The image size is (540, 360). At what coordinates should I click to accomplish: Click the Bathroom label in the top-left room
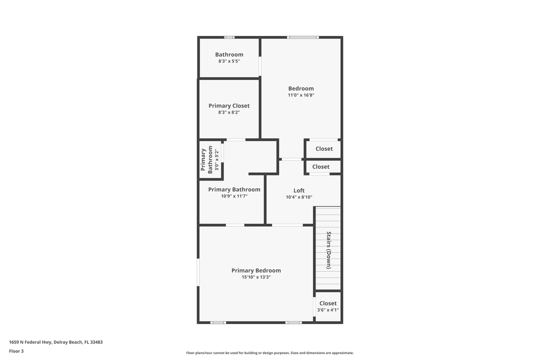click(x=229, y=54)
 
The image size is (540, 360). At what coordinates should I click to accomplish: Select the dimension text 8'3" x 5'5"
click(x=229, y=61)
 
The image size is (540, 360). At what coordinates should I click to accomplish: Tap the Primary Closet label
click(x=229, y=105)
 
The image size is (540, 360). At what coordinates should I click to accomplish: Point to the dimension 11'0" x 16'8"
click(x=301, y=95)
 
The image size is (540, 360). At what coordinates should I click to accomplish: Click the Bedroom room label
click(x=301, y=88)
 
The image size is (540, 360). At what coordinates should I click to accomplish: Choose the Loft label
click(x=299, y=190)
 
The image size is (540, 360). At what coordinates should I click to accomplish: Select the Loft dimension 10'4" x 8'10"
click(x=299, y=197)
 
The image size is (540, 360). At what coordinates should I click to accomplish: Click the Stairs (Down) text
click(x=328, y=250)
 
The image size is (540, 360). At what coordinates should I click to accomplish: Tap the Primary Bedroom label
click(x=256, y=270)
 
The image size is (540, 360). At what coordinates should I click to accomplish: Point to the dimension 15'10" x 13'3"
click(x=256, y=277)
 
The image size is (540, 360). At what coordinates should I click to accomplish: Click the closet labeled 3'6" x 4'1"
click(x=328, y=306)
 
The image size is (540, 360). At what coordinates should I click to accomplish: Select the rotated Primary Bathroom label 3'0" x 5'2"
click(x=207, y=159)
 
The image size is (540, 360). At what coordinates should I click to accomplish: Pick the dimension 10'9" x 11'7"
click(x=234, y=196)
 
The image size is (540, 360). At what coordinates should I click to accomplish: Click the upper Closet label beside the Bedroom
click(x=324, y=148)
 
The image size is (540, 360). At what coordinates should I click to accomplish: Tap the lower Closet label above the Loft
click(x=321, y=166)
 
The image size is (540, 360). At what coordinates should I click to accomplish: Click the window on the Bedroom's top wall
click(x=302, y=37)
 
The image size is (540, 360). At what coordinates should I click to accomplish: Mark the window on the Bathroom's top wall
click(x=229, y=37)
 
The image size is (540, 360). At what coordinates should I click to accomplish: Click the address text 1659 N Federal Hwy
click(x=55, y=342)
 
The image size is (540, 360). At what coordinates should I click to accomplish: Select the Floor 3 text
click(x=16, y=351)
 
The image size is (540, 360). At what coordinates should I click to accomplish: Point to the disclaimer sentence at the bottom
click(x=270, y=353)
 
